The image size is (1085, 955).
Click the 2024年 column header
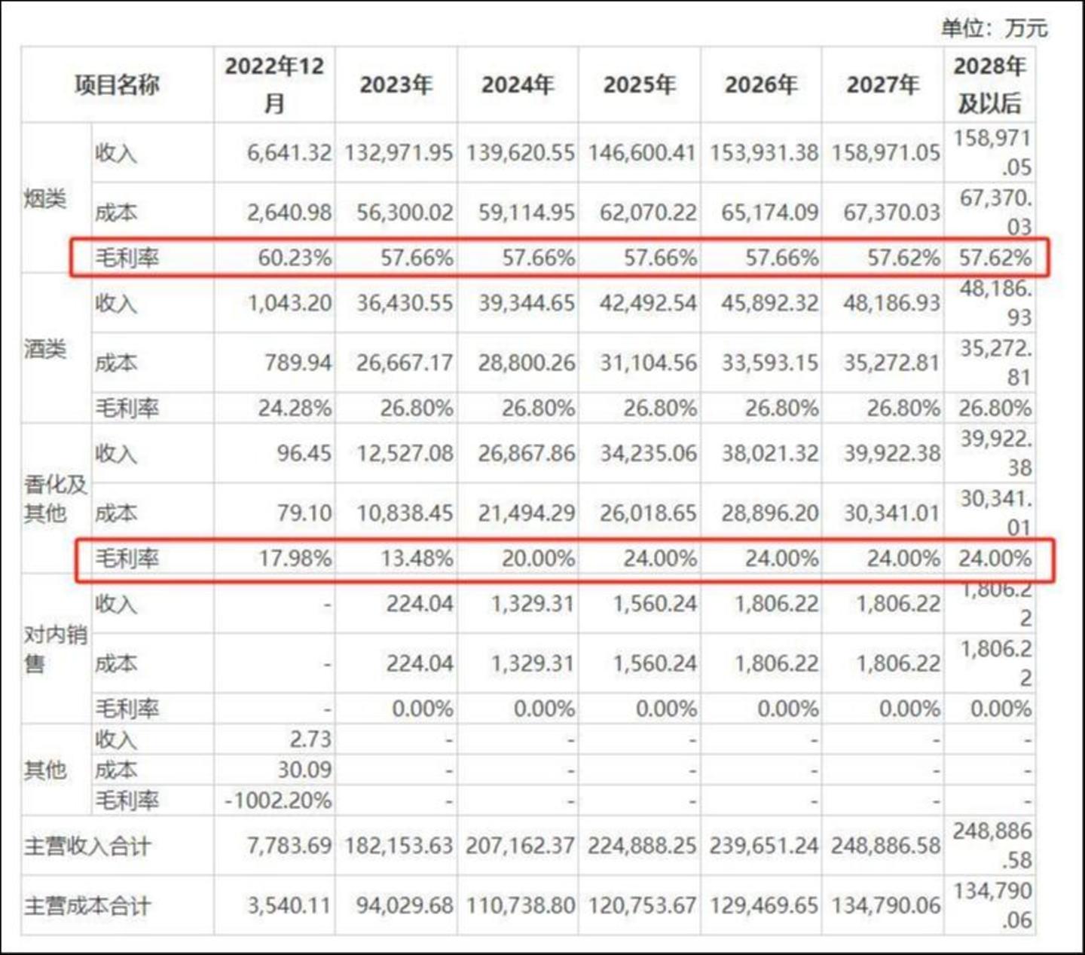518,84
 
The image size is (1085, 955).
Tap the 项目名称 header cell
117,84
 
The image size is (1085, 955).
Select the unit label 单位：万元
994,28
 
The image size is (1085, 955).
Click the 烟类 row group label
45,199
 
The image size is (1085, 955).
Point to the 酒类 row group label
45,349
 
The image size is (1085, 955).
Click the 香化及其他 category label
55,498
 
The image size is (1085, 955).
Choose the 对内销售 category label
55,648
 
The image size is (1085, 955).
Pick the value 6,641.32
289,153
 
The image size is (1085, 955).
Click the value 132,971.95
399,153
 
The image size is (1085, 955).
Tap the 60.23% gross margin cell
295,258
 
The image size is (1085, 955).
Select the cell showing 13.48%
417,559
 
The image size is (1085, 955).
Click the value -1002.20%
278,800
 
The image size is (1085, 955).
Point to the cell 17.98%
295,559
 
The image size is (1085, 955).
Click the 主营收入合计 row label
87,846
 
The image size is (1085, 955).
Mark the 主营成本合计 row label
87,905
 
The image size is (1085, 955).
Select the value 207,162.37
520,846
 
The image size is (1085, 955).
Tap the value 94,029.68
405,905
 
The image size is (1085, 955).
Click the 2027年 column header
882,84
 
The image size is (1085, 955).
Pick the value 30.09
304,770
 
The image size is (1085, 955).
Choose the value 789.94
298,363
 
